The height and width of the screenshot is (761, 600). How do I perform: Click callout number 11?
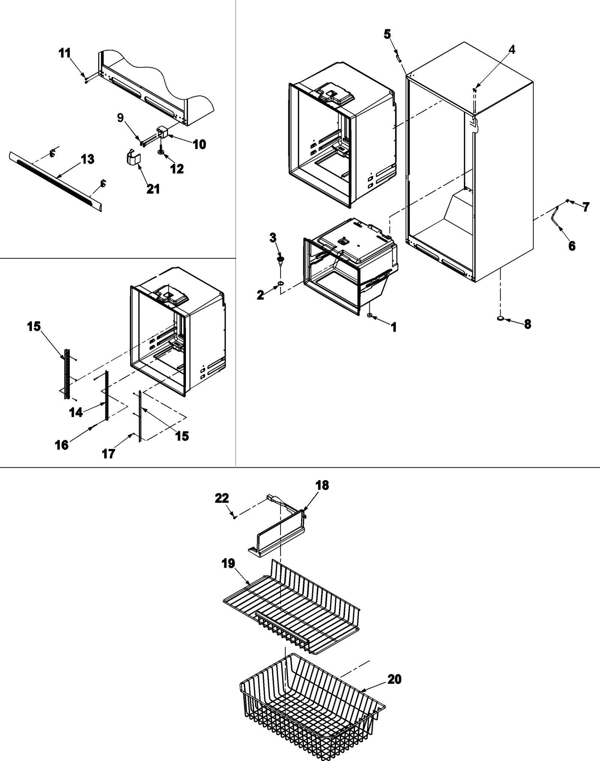pos(64,53)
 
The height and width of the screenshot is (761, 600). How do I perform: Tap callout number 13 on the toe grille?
pos(87,159)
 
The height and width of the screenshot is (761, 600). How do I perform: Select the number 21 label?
pos(153,189)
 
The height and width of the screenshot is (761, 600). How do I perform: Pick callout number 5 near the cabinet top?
pos(387,35)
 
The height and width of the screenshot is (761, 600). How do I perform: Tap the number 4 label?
pos(512,50)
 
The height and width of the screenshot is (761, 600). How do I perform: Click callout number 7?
pos(586,207)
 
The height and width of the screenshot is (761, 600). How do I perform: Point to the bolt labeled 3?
pos(280,260)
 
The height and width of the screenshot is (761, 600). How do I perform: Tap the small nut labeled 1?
pos(370,316)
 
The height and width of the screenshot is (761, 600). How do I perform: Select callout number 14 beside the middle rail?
pos(76,413)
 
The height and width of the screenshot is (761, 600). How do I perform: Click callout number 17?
pos(109,454)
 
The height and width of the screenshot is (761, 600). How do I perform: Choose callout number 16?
pos(62,445)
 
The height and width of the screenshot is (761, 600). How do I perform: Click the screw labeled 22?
pos(234,517)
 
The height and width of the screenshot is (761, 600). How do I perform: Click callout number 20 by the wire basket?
pos(394,679)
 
